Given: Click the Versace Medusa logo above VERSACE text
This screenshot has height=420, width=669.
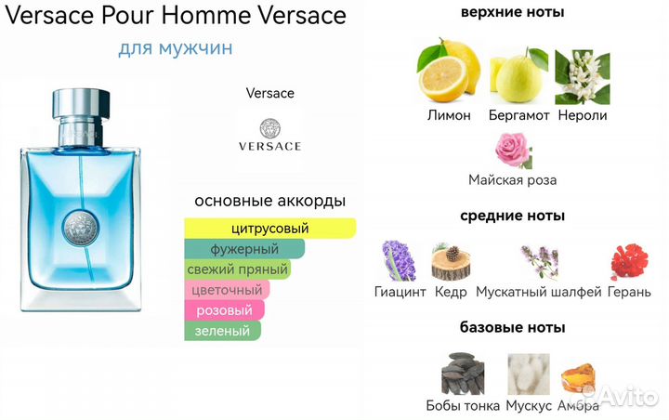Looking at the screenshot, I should click(269, 128).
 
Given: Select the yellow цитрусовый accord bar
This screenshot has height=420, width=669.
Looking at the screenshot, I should click(269, 229).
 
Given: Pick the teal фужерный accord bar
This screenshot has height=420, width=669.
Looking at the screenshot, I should click(244, 249).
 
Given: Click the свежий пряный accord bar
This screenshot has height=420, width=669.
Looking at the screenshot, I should click(238, 269).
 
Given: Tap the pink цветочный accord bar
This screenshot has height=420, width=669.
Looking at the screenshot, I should click(227, 290).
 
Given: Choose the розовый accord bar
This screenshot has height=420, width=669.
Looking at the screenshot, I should click(225, 310).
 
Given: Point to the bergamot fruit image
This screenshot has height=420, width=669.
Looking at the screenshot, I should click(516, 76).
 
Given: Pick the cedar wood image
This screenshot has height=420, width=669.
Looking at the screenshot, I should click(452, 261).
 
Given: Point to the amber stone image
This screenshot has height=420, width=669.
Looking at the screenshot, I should click(577, 374).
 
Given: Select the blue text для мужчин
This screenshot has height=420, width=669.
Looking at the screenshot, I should click(176, 46).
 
